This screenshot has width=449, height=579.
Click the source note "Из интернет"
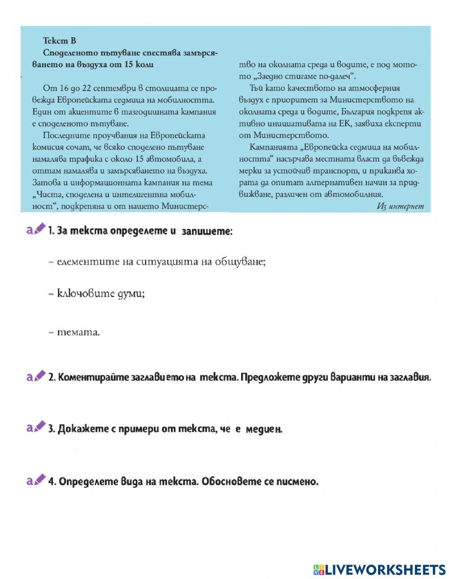click(x=400, y=206)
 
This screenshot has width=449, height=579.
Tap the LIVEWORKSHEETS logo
click(x=379, y=570)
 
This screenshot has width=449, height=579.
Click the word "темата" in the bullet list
click(x=77, y=332)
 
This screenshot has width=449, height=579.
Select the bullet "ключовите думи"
click(x=101, y=294)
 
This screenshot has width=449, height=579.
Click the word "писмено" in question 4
click(x=297, y=482)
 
